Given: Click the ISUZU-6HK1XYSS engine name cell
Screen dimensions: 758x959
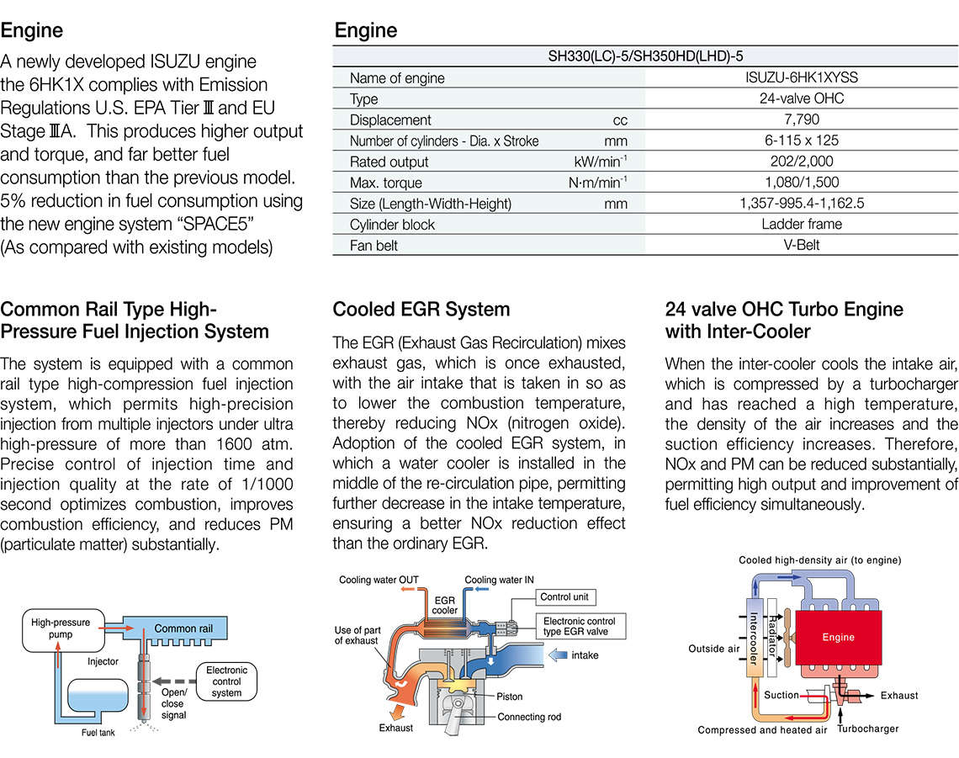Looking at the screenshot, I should (802, 78).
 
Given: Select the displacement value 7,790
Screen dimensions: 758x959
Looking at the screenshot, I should (802, 120).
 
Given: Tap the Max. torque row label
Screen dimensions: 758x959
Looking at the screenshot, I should (386, 183).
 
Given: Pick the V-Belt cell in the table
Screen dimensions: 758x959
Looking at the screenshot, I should (802, 246).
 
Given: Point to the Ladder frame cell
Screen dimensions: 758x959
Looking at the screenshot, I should (802, 225).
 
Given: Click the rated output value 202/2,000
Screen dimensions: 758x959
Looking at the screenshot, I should (802, 162).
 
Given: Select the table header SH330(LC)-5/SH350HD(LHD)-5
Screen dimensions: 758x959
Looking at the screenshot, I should (645, 57).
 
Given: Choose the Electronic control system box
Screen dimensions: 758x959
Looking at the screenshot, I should (226, 681).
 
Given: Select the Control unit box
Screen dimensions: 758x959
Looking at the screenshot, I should (565, 597).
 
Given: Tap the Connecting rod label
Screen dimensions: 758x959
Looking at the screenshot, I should (528, 718).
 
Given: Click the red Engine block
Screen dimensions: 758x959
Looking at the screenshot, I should (838, 637).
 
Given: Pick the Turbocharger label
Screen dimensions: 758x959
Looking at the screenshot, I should (868, 729).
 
